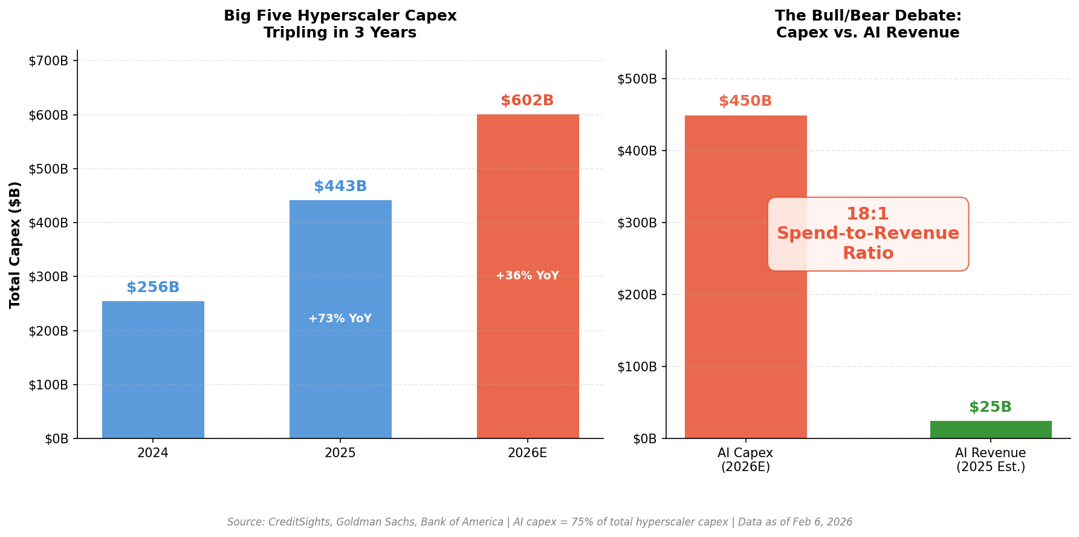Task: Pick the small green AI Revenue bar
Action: (990, 429)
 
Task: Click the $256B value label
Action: (153, 287)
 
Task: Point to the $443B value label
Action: (340, 186)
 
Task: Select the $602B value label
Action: (527, 100)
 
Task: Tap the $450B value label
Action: (745, 101)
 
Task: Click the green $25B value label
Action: (990, 407)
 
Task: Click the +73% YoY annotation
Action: (340, 319)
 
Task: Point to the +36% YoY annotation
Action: (527, 276)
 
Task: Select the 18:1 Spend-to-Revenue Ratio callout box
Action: (867, 233)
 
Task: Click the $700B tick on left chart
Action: (48, 60)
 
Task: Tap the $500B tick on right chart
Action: (637, 79)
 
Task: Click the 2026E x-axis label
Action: (527, 453)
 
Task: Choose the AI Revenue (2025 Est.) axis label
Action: (990, 460)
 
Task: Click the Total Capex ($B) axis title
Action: (15, 244)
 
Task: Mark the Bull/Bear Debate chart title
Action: (867, 24)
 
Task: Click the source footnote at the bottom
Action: (539, 522)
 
